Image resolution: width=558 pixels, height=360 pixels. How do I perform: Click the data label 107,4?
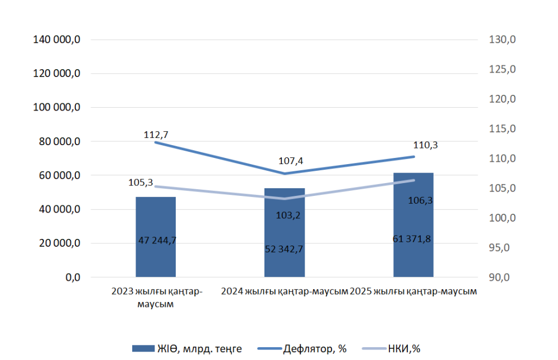[x=284, y=161]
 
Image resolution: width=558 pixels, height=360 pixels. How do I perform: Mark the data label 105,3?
[x=139, y=183]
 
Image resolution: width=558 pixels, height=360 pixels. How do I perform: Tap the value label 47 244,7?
[x=157, y=241]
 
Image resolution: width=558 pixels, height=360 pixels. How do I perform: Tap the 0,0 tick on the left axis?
[x=73, y=277]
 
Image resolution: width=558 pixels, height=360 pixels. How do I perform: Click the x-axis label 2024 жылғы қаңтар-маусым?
[x=285, y=292]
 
